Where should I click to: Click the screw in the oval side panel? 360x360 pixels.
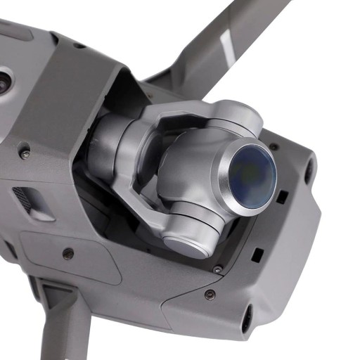pyautogui.click(x=67, y=252)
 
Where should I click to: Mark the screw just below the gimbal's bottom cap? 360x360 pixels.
pyautogui.click(x=217, y=269)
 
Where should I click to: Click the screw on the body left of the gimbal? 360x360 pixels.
pyautogui.click(x=25, y=153)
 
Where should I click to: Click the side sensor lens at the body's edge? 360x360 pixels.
pyautogui.click(x=4, y=79)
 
